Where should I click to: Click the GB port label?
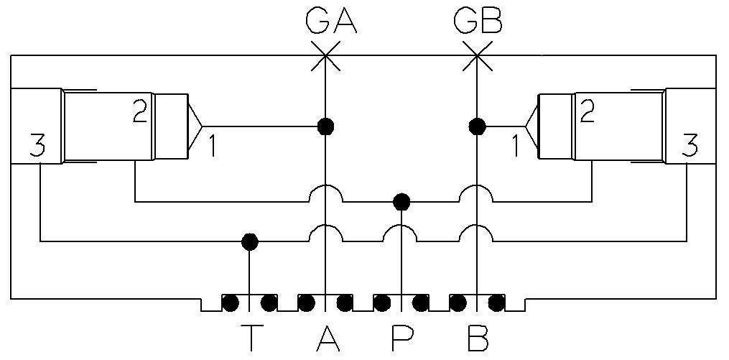(478, 22)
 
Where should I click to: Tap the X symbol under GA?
(326, 55)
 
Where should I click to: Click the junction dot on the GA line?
(326, 126)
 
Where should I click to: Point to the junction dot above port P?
(401, 200)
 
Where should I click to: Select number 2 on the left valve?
(140, 112)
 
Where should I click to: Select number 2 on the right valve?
(588, 112)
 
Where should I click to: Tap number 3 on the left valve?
(37, 147)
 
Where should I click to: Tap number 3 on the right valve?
(689, 147)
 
